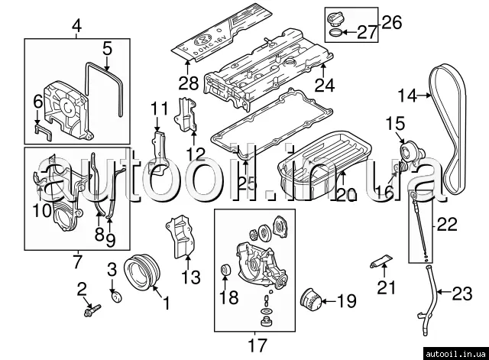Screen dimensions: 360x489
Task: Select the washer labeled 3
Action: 117,296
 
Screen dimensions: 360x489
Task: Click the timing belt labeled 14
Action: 446,122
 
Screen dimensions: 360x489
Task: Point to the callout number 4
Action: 76,29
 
